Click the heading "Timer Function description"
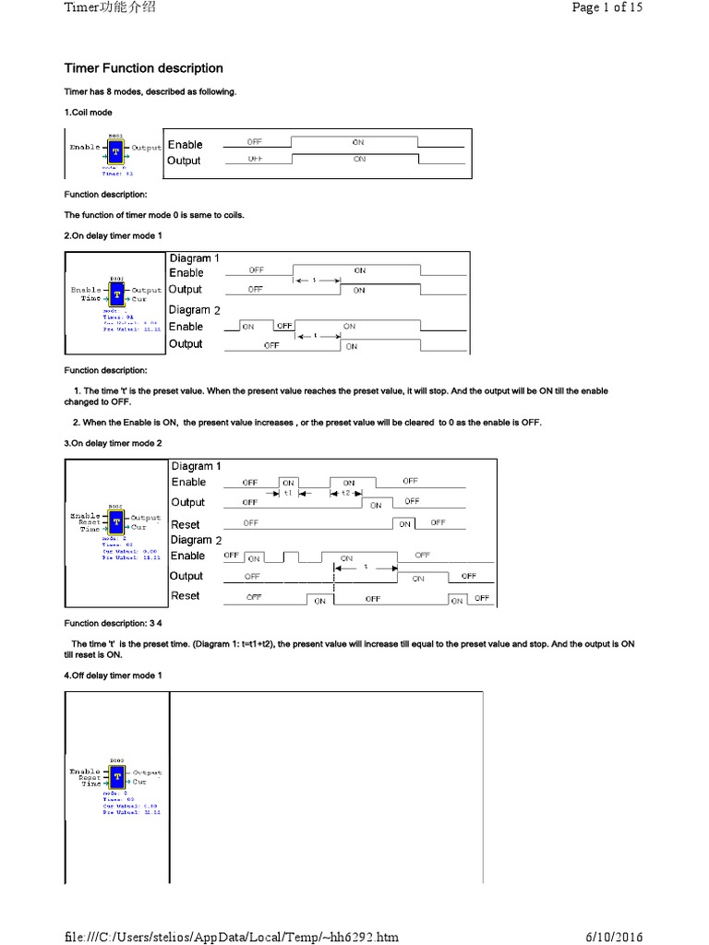(143, 68)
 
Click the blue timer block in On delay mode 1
(116, 293)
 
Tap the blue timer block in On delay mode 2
(116, 523)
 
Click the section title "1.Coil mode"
(89, 113)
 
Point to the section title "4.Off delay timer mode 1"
(114, 676)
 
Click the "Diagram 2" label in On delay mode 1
(195, 310)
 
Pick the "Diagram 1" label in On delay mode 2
(196, 466)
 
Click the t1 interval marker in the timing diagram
(288, 494)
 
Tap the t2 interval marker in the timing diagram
(346, 494)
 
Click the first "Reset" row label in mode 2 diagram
(186, 524)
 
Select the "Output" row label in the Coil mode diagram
(184, 161)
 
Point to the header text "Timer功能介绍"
(109, 7)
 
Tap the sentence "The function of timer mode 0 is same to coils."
(154, 215)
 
